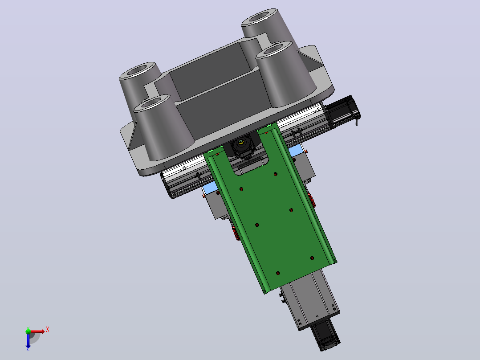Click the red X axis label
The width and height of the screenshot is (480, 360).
(x=48, y=330)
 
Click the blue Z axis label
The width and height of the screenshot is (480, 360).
(x=28, y=349)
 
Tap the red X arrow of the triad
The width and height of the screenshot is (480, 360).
(x=37, y=331)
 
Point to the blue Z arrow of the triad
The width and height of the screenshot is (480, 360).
(x=28, y=340)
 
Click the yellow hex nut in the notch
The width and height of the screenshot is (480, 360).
(x=241, y=142)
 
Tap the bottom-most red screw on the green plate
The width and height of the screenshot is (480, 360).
(x=278, y=273)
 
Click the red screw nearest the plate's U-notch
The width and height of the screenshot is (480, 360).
(x=276, y=174)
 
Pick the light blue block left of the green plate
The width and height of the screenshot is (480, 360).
(x=209, y=188)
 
